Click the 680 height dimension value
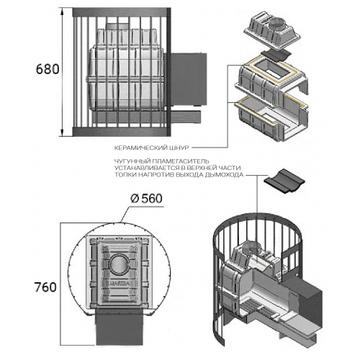[x=48, y=70]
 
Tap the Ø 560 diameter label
[x=146, y=199]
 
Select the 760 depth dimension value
[x=45, y=287]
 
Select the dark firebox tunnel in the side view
[x=189, y=79]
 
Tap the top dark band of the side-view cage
[x=122, y=12]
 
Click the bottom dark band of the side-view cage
[x=122, y=131]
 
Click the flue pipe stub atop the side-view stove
[x=117, y=26]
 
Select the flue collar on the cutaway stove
[x=251, y=250]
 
